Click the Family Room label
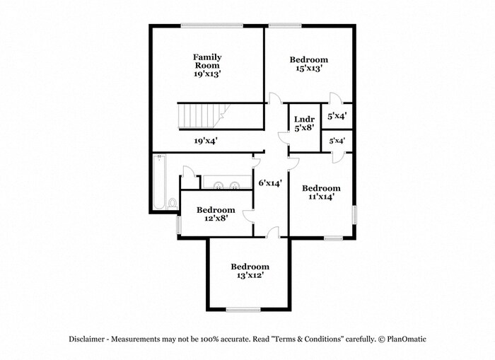tap(207, 62)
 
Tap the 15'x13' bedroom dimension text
tap(309, 68)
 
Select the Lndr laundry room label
tap(304, 119)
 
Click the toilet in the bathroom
tap(173, 204)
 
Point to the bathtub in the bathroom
tap(159, 182)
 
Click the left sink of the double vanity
tap(218, 185)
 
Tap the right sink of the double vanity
tap(235, 185)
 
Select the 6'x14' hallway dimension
tap(270, 182)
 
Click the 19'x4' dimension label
tap(206, 141)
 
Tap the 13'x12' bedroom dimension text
tap(250, 275)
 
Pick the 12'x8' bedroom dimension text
tap(216, 218)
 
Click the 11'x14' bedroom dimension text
tap(321, 197)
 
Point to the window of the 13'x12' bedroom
tap(243, 310)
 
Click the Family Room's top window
tap(212, 25)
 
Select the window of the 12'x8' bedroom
tap(179, 225)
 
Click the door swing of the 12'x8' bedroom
tap(248, 216)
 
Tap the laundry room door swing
tap(284, 139)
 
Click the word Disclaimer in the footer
tap(86, 339)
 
